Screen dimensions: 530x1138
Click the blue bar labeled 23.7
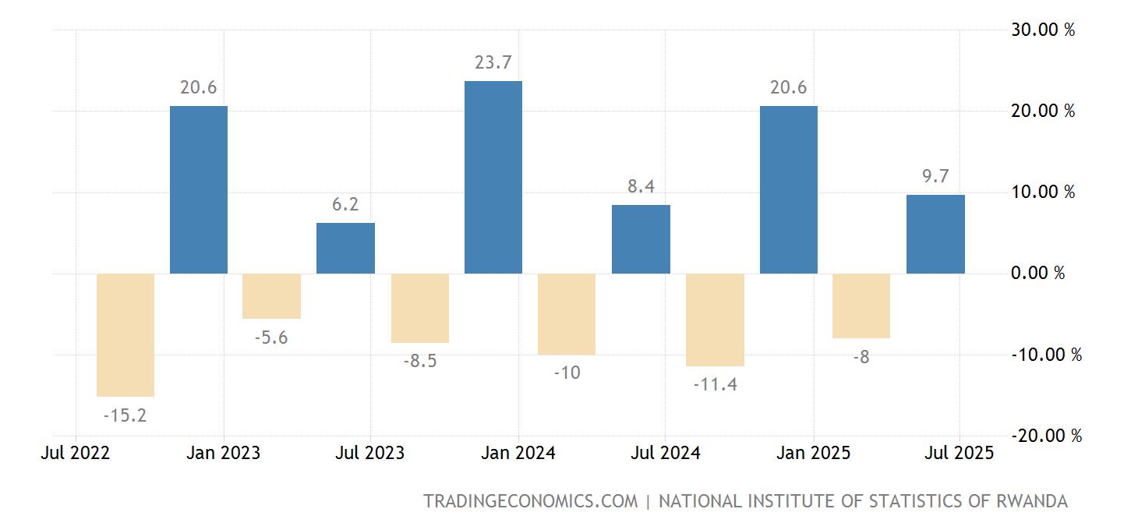tap(493, 177)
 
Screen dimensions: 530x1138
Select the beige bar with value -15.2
tap(125, 335)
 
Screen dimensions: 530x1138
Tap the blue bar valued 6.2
tap(345, 248)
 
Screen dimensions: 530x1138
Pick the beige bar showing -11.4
tap(715, 320)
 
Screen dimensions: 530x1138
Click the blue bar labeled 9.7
tap(935, 234)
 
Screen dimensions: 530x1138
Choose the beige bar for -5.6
tap(271, 296)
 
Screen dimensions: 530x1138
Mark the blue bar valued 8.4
tap(641, 239)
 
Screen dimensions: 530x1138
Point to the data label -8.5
tap(419, 362)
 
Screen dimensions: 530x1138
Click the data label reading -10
tap(567, 373)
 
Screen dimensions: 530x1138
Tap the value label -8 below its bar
tap(861, 358)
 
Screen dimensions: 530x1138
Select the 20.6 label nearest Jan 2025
tap(788, 87)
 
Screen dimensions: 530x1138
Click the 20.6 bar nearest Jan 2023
tap(199, 189)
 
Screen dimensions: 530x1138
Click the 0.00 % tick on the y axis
tap(1037, 274)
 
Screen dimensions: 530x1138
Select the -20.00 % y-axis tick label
tap(1047, 436)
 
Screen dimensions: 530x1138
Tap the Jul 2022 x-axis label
tap(75, 453)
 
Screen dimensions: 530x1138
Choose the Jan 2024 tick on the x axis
tap(519, 453)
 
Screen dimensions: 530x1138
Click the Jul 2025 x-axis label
tap(959, 453)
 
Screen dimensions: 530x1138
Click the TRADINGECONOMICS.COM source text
tap(530, 501)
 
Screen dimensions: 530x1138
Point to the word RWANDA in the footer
tap(1032, 501)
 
